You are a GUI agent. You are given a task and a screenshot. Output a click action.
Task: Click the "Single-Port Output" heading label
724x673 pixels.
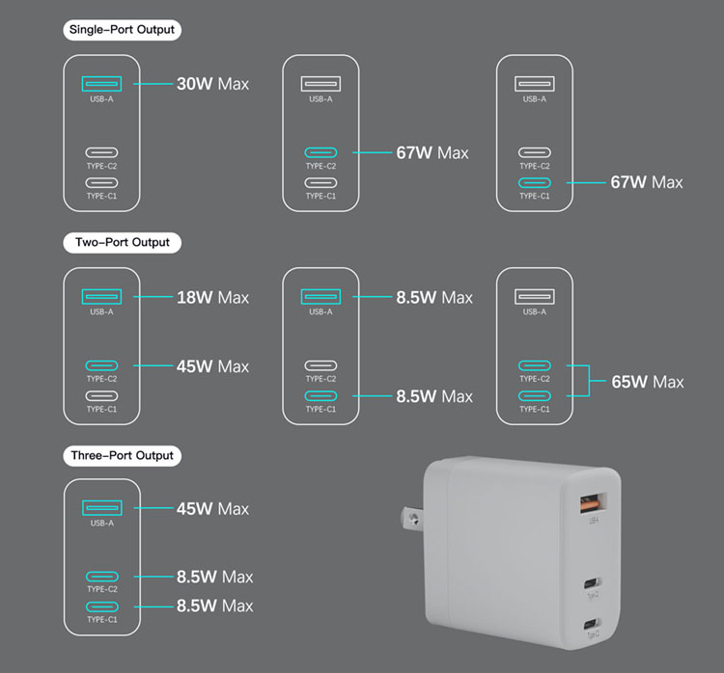pos(122,30)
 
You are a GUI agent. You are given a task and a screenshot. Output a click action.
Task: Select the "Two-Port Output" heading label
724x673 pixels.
pos(122,242)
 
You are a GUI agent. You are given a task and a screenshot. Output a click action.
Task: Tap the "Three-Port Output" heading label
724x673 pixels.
pos(122,455)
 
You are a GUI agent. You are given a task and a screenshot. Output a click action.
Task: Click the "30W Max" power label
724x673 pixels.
pos(212,84)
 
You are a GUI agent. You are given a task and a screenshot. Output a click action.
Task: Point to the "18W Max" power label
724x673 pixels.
pos(212,297)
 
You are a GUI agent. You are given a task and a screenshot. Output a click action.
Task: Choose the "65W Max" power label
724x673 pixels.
pos(648,382)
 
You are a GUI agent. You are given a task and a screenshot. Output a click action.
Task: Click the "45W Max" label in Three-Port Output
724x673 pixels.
pos(212,509)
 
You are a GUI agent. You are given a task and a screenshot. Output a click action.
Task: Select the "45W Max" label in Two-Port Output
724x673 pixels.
pos(212,366)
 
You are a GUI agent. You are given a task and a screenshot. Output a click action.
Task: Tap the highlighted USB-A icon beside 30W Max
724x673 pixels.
pos(101,84)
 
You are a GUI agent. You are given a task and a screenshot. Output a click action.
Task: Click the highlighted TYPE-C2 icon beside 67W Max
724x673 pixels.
pos(320,152)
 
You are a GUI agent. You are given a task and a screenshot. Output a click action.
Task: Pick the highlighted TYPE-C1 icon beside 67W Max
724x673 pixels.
pos(534,182)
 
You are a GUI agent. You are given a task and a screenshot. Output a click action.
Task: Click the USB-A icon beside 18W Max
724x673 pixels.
pos(101,297)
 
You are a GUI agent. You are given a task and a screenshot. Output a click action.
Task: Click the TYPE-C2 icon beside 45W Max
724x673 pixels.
pos(101,365)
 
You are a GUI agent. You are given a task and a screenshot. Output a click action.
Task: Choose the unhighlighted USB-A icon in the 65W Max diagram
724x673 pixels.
pos(534,297)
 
